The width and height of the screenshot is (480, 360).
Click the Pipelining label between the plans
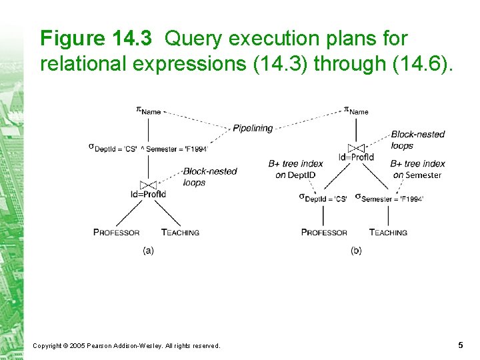pyautogui.click(x=253, y=128)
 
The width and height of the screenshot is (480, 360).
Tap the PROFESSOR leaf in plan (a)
pyautogui.click(x=117, y=233)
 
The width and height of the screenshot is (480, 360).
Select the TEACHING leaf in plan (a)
pyautogui.click(x=180, y=233)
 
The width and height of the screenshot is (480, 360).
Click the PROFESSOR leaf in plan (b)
pyautogui.click(x=324, y=233)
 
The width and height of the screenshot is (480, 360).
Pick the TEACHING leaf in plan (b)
pyautogui.click(x=388, y=233)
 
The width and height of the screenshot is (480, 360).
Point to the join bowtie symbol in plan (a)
pyautogui.click(x=148, y=184)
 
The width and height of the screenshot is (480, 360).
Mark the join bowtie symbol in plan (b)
pyautogui.click(x=357, y=148)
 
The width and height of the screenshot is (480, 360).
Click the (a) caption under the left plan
pyautogui.click(x=148, y=251)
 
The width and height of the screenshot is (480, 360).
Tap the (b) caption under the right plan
pyautogui.click(x=357, y=251)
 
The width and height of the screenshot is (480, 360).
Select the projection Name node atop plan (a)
pyautogui.click(x=149, y=111)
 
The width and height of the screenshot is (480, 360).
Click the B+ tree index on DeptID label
pyautogui.click(x=295, y=169)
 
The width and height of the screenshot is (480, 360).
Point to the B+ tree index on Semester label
pyautogui.click(x=417, y=169)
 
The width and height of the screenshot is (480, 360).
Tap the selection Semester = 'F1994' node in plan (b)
pyautogui.click(x=389, y=198)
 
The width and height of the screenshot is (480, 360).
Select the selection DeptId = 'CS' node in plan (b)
pyautogui.click(x=323, y=198)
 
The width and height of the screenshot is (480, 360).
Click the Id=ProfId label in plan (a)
pyautogui.click(x=148, y=194)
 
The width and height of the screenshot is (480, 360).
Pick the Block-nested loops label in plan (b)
pyautogui.click(x=417, y=139)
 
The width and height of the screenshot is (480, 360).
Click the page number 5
pyautogui.click(x=461, y=345)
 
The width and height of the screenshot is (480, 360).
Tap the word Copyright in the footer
pyautogui.click(x=47, y=345)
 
